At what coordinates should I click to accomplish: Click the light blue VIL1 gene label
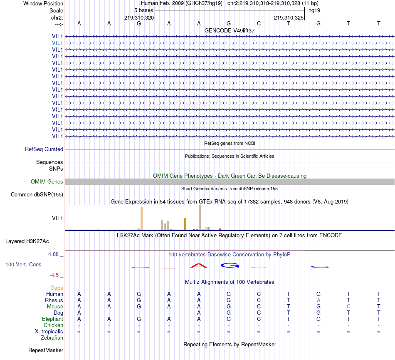coord(57,43)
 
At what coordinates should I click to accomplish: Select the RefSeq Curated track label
coord(44,149)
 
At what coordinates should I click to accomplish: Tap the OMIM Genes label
coord(47,181)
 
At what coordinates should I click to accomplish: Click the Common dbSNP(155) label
coord(37,194)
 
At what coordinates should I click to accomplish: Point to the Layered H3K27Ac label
coord(27,241)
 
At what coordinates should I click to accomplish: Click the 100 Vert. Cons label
coord(23,264)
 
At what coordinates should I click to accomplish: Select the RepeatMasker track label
coord(46,350)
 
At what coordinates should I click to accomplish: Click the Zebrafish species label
coord(52,338)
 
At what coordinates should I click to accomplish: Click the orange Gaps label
coord(57,288)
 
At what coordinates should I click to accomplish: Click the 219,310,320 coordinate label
coord(139,18)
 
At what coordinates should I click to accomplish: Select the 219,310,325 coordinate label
coord(289,18)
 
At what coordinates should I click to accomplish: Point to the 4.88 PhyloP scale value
coord(56,254)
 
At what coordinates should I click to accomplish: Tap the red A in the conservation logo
coord(199,265)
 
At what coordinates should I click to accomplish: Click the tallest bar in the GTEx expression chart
coord(200,217)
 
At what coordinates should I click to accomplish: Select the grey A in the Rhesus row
coord(318,300)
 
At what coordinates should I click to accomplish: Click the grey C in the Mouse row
coord(348,306)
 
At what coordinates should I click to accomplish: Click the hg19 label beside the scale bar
coord(314,10)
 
